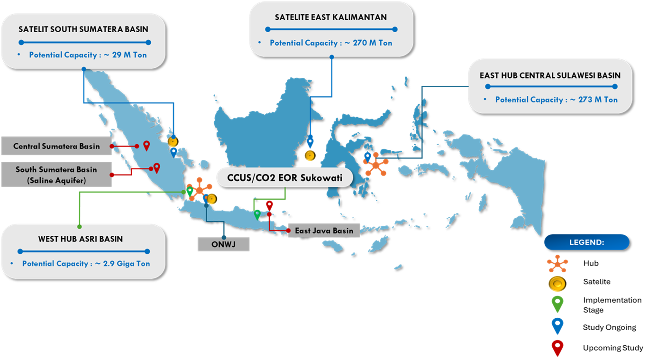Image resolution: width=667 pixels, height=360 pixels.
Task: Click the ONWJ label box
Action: (223, 244)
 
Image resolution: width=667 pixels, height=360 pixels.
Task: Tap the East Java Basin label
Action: (324, 231)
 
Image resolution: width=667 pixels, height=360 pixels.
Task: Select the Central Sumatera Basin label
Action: (56, 146)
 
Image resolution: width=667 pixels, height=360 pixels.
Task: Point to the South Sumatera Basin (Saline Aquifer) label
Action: (56, 174)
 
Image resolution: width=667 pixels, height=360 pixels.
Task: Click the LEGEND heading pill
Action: (586, 242)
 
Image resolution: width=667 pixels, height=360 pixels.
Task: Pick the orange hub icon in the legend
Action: (557, 263)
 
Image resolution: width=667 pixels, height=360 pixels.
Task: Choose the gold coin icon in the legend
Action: (557, 284)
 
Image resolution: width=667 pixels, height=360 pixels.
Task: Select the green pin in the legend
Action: (557, 304)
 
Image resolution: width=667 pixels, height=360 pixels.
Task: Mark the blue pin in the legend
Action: (557, 325)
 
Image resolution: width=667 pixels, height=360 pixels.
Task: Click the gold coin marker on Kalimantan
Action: (310, 155)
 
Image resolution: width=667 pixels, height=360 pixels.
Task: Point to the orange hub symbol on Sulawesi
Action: (376, 165)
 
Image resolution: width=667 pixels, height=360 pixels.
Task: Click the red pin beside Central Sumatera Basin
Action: (146, 145)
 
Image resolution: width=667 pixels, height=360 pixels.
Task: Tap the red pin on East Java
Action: (269, 205)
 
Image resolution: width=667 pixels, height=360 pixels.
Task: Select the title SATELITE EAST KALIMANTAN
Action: (331, 18)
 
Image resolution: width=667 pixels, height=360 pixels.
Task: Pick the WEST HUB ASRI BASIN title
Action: (81, 239)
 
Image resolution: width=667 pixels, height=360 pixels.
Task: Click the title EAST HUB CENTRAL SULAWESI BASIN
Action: (550, 75)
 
